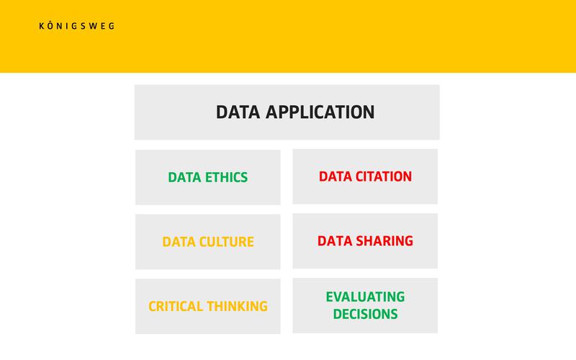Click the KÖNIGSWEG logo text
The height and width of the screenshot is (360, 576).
pyautogui.click(x=77, y=26)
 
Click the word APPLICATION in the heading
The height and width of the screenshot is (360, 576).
pyautogui.click(x=320, y=112)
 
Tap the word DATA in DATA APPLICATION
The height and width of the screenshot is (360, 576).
pyautogui.click(x=238, y=112)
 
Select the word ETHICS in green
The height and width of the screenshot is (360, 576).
pyautogui.click(x=226, y=177)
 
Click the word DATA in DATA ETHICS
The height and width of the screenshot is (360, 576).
pyautogui.click(x=184, y=177)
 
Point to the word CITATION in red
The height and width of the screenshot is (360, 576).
pyautogui.click(x=384, y=176)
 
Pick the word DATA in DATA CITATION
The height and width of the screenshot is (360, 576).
pyautogui.click(x=336, y=176)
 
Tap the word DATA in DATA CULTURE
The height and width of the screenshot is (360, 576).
pyautogui.click(x=179, y=242)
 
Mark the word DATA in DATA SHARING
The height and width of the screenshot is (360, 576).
pyautogui.click(x=334, y=241)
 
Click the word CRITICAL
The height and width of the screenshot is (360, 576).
pyautogui.click(x=176, y=307)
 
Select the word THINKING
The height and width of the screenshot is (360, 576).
pyautogui.click(x=238, y=307)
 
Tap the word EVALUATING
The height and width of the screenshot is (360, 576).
pyautogui.click(x=365, y=297)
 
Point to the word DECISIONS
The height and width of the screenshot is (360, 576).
pyautogui.click(x=365, y=314)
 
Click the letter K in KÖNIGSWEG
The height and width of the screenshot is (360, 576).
pyautogui.click(x=42, y=26)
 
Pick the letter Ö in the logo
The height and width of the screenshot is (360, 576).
pyautogui.click(x=50, y=26)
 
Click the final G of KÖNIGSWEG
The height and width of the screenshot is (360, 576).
pyautogui.click(x=112, y=26)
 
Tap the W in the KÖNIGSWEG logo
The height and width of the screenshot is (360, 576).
pyautogui.click(x=93, y=26)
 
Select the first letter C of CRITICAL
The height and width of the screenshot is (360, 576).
pyautogui.click(x=153, y=307)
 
